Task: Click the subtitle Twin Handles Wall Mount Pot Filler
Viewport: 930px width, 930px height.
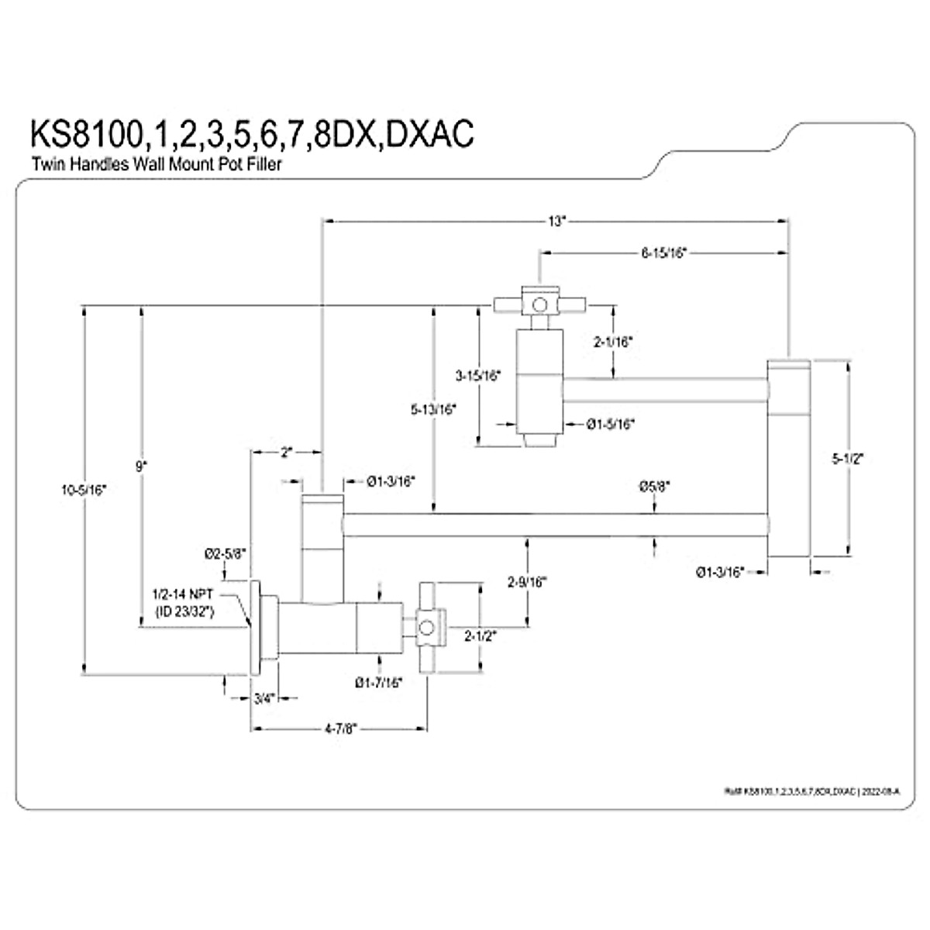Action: click(156, 164)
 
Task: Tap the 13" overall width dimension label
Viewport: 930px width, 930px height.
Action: click(555, 221)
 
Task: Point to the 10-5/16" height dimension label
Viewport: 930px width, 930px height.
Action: click(84, 489)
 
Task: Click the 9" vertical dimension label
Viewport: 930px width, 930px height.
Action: click(140, 467)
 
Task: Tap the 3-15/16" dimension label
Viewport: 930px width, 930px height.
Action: click(478, 375)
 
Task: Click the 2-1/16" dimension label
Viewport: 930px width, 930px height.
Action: click(614, 341)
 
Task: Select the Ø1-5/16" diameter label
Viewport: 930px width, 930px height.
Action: click(611, 424)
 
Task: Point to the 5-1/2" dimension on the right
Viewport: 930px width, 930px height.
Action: click(850, 458)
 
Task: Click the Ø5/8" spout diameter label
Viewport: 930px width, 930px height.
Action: click(655, 487)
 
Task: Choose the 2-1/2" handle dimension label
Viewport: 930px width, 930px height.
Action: click(480, 636)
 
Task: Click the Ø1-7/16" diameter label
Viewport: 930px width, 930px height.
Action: click(379, 683)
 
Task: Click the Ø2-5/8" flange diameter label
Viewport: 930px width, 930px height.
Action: click(225, 553)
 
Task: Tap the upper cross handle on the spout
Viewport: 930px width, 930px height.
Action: click(539, 304)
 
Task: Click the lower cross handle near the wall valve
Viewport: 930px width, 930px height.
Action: click(426, 626)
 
